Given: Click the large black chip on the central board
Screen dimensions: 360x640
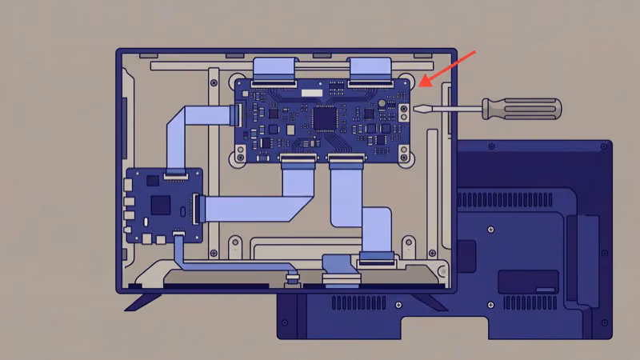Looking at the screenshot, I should [324, 118].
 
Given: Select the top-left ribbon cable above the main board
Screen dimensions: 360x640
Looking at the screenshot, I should [274, 70].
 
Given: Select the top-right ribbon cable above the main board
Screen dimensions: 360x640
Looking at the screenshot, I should [370, 70].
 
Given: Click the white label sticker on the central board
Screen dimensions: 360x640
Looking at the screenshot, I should [308, 93].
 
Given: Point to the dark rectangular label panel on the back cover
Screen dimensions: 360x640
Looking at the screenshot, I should [528, 281].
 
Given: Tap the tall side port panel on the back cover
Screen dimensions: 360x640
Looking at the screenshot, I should [586, 260].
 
